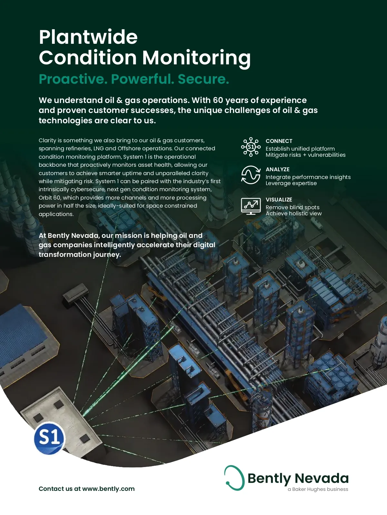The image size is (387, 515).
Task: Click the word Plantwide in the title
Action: pos(88,37)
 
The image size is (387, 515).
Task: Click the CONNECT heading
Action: pos(279,141)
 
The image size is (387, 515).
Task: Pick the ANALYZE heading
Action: pos(277,169)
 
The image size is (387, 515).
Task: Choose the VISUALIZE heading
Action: pos(279,200)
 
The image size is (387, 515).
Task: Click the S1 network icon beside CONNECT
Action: pos(251,147)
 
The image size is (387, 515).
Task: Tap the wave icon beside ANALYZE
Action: pos(251,175)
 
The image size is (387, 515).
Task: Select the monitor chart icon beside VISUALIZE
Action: pos(251,206)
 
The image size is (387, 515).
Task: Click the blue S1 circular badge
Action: pos(50,438)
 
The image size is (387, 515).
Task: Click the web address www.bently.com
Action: pos(108,489)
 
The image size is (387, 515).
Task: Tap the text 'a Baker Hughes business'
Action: pos(318,489)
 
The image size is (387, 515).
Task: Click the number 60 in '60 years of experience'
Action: pos(218,100)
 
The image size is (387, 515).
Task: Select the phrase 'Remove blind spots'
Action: pos(293,207)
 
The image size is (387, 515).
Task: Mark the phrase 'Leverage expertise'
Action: pos(291,183)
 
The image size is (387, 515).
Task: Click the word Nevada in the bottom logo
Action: pos(322,478)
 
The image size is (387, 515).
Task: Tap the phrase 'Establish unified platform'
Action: pos(300,149)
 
